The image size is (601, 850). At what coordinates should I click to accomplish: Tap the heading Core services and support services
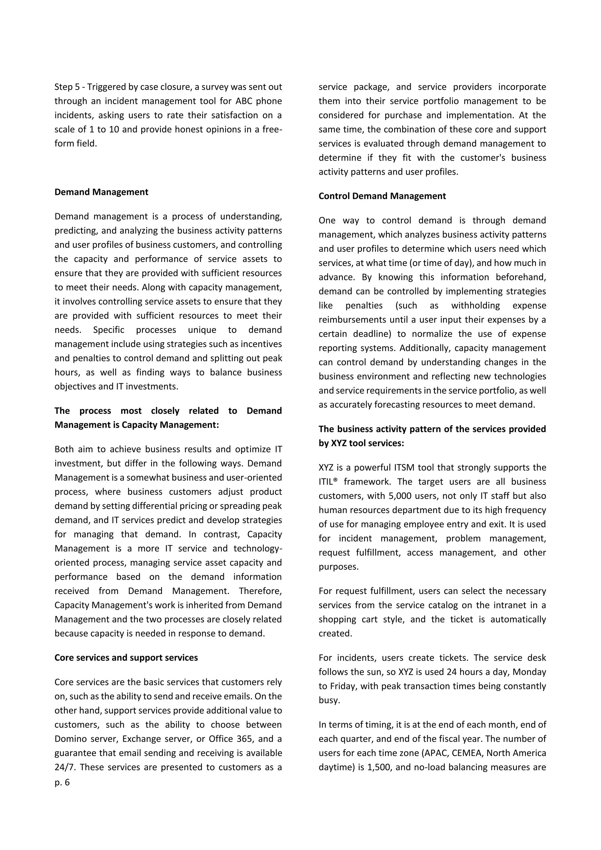[126, 657]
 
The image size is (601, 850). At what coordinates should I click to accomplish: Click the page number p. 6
[62, 782]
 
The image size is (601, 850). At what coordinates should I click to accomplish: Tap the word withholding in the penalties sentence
[475, 306]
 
